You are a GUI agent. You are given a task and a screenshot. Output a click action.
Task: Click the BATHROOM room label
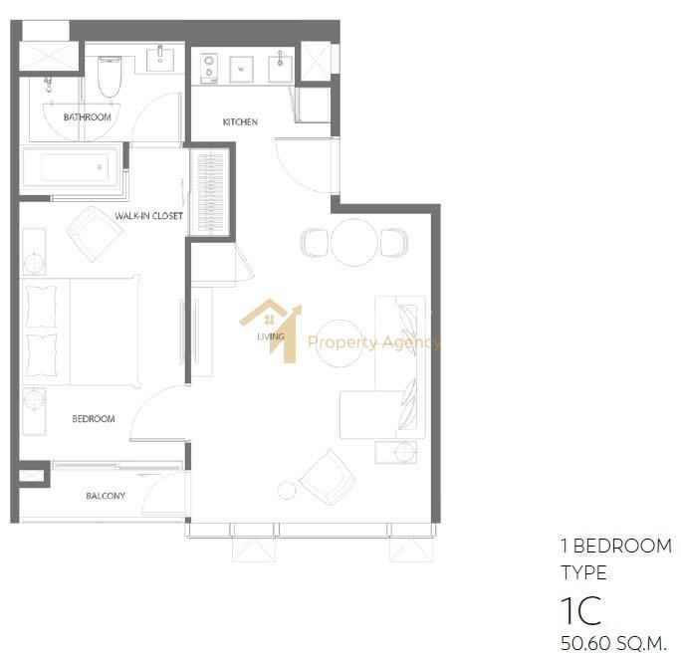[x=88, y=116]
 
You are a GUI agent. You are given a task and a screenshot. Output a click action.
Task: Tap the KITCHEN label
[x=240, y=122]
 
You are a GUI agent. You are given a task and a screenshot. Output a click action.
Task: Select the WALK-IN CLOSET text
[x=149, y=216]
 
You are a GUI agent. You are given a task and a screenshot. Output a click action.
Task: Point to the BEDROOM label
[x=94, y=419]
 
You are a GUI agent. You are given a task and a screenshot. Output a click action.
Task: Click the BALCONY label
[x=106, y=496]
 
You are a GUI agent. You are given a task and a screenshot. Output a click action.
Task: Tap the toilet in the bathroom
[x=109, y=77]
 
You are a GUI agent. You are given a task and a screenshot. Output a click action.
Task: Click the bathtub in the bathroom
[x=72, y=167]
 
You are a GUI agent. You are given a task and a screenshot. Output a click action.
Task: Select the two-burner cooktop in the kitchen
[x=209, y=68]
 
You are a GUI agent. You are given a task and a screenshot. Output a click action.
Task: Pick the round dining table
[x=354, y=242]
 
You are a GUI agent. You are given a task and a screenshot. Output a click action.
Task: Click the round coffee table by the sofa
[x=339, y=343]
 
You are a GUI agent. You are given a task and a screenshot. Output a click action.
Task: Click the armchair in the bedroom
[x=94, y=234]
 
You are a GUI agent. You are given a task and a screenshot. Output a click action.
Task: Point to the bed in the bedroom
[x=81, y=331]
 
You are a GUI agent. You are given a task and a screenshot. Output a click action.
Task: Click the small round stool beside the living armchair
[x=287, y=490]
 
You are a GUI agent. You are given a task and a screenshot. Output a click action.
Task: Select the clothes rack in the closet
[x=210, y=191]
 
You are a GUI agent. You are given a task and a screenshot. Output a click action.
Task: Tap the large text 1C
[x=581, y=610]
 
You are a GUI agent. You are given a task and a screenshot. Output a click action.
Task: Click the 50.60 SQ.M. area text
[x=613, y=643]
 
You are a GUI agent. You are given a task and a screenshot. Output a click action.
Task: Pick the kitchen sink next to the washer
[x=280, y=68]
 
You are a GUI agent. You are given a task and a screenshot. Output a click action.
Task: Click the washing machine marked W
[x=241, y=69]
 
